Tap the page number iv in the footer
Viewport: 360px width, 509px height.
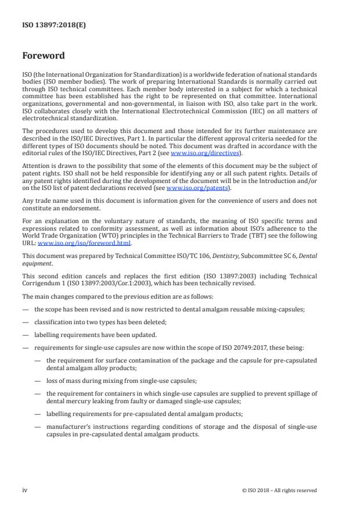(x=25, y=490)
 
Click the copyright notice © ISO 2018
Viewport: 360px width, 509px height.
(x=279, y=490)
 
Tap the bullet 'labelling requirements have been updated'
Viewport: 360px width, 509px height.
(x=95, y=335)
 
